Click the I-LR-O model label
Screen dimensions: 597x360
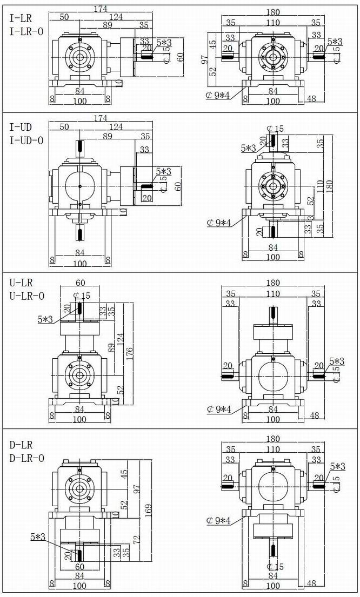(26, 31)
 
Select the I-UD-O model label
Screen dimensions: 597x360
(26, 140)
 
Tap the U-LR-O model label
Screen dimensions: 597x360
(26, 296)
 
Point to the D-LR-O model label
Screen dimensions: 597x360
(26, 459)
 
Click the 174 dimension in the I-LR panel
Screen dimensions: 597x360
(100, 9)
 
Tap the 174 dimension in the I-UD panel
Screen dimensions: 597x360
(100, 118)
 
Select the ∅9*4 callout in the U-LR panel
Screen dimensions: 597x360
(218, 409)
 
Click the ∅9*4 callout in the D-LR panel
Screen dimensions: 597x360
(218, 521)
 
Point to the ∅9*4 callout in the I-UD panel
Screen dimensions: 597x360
(218, 222)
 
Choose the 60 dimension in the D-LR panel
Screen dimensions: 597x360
(80, 567)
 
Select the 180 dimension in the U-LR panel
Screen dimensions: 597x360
(273, 283)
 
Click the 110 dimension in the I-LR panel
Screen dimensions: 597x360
(273, 23)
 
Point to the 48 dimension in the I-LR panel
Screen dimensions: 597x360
(311, 99)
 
